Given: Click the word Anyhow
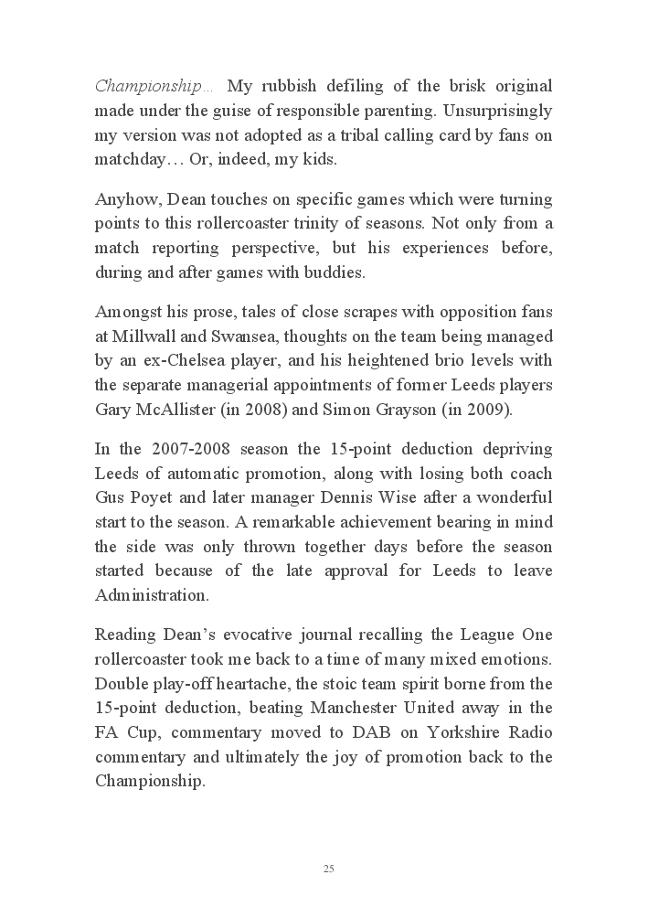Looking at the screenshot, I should click(x=119, y=199).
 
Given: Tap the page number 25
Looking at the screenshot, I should click(x=328, y=869).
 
